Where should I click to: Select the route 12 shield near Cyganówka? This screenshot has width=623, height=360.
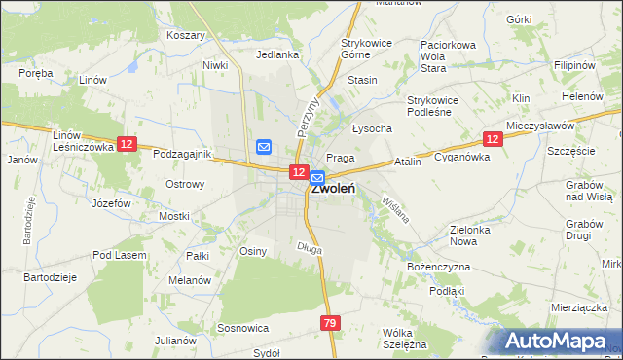tap(493, 140)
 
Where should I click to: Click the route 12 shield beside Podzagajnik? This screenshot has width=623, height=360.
tap(127, 144)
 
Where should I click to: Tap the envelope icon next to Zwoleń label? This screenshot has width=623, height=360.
tap(317, 178)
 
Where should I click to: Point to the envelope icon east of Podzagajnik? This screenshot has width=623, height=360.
tap(264, 147)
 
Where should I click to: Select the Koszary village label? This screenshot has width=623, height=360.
tap(186, 35)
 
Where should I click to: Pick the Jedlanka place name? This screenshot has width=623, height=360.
tap(277, 54)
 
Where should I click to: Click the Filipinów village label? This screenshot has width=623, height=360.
tap(574, 64)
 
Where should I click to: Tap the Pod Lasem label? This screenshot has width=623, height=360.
tap(120, 255)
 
